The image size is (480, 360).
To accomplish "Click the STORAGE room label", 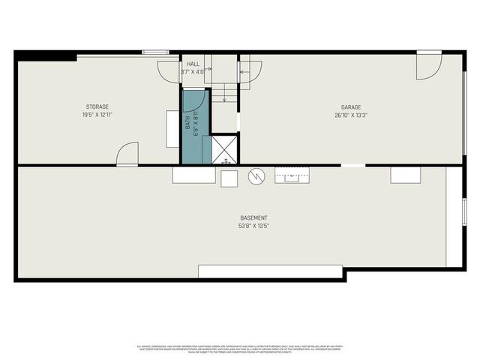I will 97,107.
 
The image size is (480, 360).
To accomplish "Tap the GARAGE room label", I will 351,107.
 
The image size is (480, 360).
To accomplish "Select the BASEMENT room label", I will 254,217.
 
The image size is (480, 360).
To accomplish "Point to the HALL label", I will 193,64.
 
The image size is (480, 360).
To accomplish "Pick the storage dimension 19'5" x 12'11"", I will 97,115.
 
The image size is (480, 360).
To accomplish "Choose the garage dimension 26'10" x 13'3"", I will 351,115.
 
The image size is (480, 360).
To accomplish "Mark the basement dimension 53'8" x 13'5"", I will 254,225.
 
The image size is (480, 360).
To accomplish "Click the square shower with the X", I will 224,148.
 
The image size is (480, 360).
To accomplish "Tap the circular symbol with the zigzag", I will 256,175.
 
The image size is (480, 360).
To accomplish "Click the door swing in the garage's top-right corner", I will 430,67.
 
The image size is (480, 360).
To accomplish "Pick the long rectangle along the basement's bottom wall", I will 270,271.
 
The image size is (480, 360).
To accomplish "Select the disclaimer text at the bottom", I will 240,348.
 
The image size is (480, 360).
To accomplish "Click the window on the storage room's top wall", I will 155,52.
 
